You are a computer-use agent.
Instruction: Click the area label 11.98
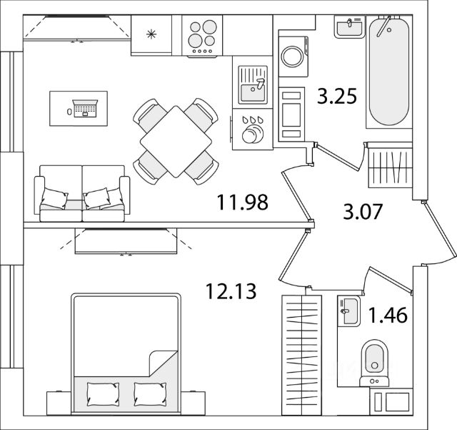(x=243, y=202)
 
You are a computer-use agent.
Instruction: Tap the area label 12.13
(x=231, y=291)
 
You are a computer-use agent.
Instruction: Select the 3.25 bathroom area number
(x=337, y=96)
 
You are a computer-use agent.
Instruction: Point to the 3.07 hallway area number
(x=363, y=212)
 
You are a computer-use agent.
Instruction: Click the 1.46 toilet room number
(x=388, y=316)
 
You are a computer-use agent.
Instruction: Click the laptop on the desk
(x=85, y=108)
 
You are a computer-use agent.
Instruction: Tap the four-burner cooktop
(x=202, y=36)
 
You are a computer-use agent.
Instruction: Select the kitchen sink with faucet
(x=253, y=84)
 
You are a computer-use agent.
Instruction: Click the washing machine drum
(x=293, y=57)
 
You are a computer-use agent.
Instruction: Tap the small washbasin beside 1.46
(x=349, y=311)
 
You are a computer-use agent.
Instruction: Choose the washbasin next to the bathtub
(x=349, y=27)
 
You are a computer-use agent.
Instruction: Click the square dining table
(x=176, y=142)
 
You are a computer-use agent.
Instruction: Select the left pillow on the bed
(x=103, y=394)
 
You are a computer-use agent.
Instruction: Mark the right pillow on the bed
(x=150, y=394)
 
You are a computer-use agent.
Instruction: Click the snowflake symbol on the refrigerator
(x=151, y=34)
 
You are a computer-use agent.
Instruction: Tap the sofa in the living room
(x=82, y=193)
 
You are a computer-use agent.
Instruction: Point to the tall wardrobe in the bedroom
(x=301, y=355)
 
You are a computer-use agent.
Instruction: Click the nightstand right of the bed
(x=193, y=403)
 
